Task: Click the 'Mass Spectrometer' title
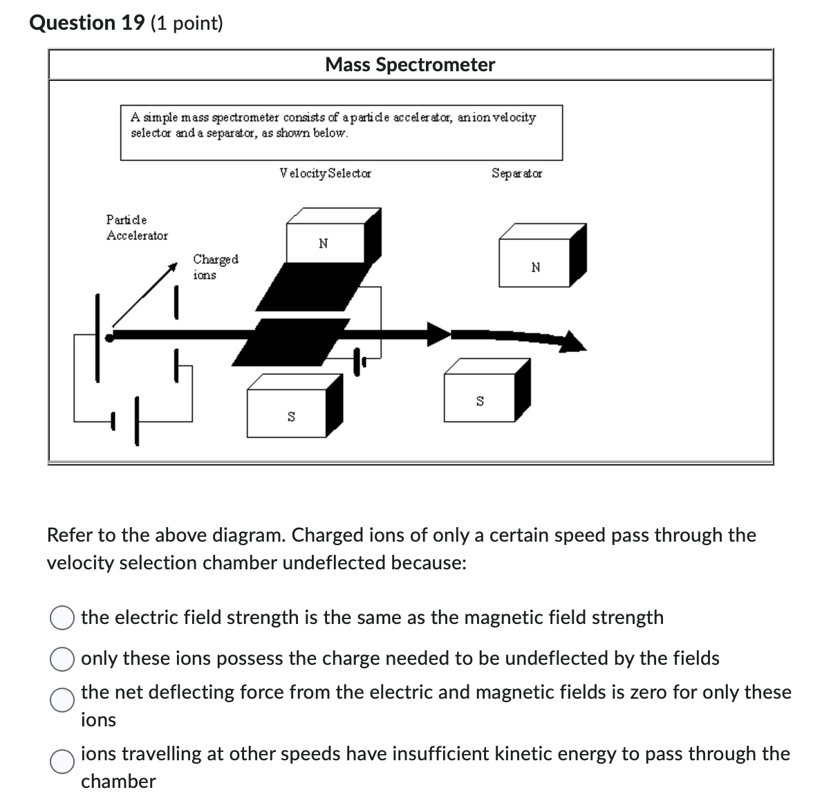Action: click(x=410, y=65)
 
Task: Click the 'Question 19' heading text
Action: click(x=87, y=23)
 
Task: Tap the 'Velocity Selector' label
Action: click(x=325, y=173)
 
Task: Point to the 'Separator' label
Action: click(x=516, y=173)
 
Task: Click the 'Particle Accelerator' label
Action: click(x=137, y=228)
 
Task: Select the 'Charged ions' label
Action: click(x=215, y=267)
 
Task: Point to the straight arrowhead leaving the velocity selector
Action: click(x=438, y=333)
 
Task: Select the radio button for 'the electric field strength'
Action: click(x=62, y=618)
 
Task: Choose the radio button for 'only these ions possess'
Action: click(x=62, y=659)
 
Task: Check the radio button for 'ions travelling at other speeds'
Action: click(x=62, y=761)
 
